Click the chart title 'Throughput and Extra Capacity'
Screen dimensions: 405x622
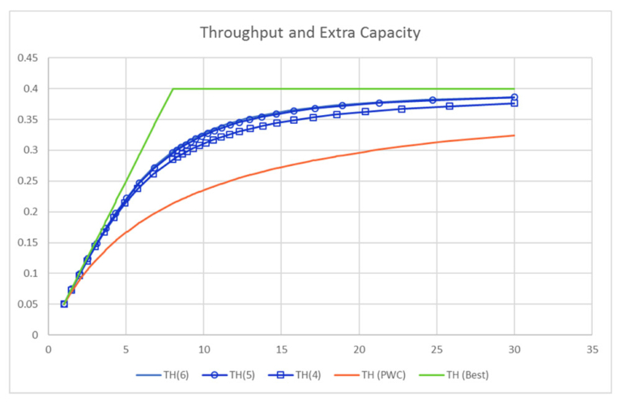tap(310, 33)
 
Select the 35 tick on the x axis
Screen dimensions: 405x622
tap(591, 350)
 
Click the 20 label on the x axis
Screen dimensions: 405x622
tap(359, 350)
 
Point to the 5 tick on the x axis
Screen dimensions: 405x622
tap(126, 350)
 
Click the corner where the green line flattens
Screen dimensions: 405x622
tap(173, 89)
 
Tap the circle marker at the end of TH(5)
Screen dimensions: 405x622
tap(514, 97)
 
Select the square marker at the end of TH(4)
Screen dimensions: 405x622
tap(514, 104)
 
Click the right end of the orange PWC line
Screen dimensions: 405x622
tap(514, 135)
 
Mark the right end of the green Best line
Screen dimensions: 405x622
tap(514, 89)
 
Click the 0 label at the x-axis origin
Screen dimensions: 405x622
tap(49, 350)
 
